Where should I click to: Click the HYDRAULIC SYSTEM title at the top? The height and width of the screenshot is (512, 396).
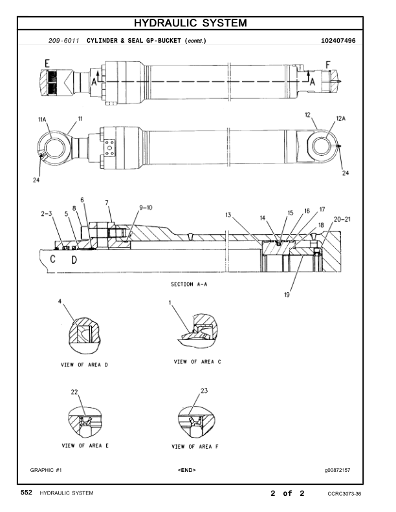click(x=190, y=23)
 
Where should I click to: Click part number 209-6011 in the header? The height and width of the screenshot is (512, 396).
click(x=63, y=41)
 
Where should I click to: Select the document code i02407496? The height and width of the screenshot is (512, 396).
click(x=338, y=41)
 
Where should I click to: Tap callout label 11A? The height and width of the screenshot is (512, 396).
click(x=42, y=119)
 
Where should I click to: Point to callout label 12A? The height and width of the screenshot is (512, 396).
click(x=341, y=118)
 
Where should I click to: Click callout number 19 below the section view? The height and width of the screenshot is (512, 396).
click(x=287, y=295)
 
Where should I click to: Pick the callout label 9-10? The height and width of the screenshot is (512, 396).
click(x=146, y=208)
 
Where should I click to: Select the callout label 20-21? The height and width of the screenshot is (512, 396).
click(x=342, y=219)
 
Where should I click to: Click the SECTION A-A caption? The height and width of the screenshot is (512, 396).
click(x=189, y=284)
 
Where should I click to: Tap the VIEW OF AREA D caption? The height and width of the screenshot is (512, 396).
click(x=84, y=365)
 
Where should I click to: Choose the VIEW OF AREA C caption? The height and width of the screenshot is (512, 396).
click(x=197, y=361)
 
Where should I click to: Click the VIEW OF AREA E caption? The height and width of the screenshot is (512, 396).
click(x=85, y=445)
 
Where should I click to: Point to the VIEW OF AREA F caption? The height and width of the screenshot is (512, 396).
click(x=195, y=446)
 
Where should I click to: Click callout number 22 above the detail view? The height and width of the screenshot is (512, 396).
click(x=74, y=392)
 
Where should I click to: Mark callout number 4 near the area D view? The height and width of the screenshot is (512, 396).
click(x=60, y=301)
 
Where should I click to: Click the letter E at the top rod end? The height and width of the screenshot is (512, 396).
click(x=47, y=63)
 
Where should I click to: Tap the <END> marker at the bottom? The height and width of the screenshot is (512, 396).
click(x=187, y=470)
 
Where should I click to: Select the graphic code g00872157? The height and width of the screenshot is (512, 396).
click(x=337, y=470)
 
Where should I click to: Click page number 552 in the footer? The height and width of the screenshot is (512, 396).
click(x=27, y=493)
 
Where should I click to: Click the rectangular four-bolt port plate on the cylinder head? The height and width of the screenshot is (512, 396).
click(x=109, y=148)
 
